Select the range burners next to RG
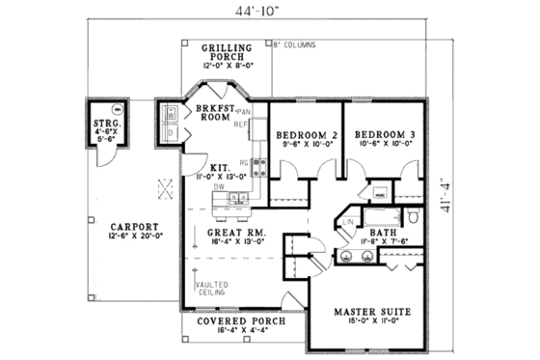click(258, 169)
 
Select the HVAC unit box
click(380, 193)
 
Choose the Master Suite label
click(372, 313)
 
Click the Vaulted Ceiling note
click(209, 291)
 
